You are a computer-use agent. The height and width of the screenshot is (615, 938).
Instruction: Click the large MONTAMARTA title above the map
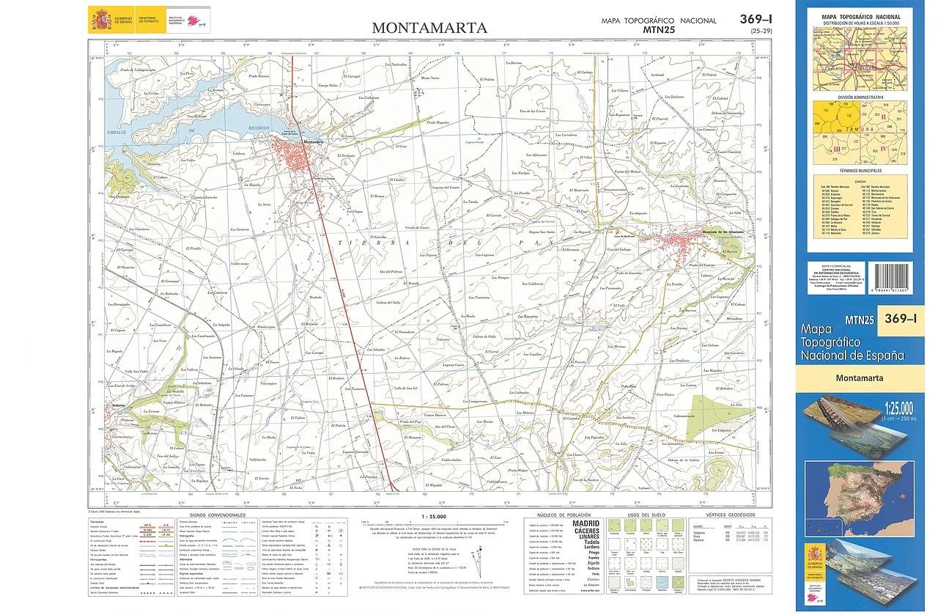pos(429,28)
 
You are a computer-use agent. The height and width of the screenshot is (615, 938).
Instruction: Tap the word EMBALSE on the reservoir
pos(117,133)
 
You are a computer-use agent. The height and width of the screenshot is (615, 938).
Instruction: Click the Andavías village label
pos(120,405)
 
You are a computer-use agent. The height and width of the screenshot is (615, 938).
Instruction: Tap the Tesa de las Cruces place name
pos(532,111)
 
